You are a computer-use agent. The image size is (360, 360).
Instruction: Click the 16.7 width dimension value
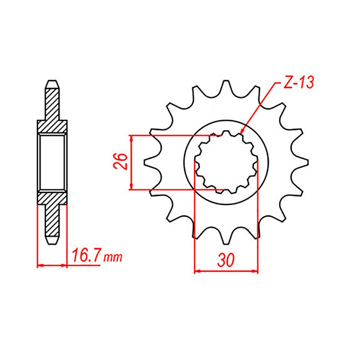pos(85,257)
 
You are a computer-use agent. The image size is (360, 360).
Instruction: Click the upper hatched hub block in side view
pos(52,126)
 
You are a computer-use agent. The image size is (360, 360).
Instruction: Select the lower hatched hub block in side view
pos(52,198)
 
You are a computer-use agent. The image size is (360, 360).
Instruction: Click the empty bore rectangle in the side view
pos(52,162)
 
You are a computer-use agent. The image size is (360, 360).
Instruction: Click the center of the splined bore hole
pos(226,162)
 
